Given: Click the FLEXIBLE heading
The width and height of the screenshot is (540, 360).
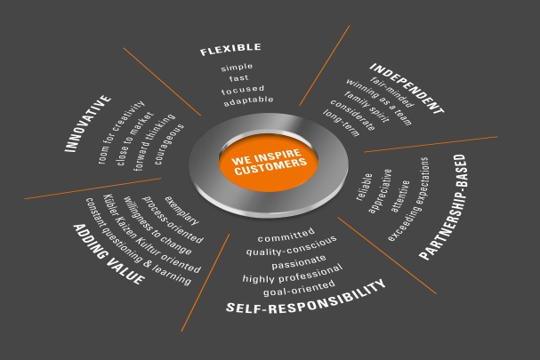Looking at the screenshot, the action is pyautogui.click(x=230, y=49).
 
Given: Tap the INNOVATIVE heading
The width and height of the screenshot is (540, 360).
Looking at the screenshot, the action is pyautogui.click(x=88, y=124).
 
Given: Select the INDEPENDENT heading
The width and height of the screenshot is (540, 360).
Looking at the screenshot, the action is pyautogui.click(x=407, y=88).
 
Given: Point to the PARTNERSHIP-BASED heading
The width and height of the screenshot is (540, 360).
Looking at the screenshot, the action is pyautogui.click(x=443, y=206).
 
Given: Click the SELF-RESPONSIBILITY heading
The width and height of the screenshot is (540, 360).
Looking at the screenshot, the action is pyautogui.click(x=305, y=298).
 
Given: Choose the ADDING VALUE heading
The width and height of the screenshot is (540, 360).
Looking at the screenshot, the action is pyautogui.click(x=109, y=254).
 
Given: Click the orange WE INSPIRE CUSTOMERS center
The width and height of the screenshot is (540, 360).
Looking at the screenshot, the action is pyautogui.click(x=269, y=162).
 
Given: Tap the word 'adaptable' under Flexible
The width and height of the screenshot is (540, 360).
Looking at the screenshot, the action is pyautogui.click(x=248, y=100).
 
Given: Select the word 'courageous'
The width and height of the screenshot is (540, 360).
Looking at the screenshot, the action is pyautogui.click(x=169, y=144).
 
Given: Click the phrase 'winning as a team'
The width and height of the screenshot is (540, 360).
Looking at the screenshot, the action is pyautogui.click(x=378, y=102).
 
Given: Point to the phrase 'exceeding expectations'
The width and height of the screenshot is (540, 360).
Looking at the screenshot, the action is pyautogui.click(x=408, y=199).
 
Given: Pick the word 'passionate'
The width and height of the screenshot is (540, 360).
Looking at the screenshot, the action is pyautogui.click(x=299, y=262).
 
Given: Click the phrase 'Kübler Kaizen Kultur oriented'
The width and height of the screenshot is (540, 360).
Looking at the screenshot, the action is pyautogui.click(x=152, y=234).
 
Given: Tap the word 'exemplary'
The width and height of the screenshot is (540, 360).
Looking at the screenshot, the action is pyautogui.click(x=181, y=211).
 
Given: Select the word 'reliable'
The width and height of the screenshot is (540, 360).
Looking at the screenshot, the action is pyautogui.click(x=364, y=187).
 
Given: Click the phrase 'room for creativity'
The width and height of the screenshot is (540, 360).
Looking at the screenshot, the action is pyautogui.click(x=121, y=132).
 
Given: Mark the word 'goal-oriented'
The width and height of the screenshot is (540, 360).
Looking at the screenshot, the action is pyautogui.click(x=299, y=288).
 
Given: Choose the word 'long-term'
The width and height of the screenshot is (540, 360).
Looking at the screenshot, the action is pyautogui.click(x=341, y=123).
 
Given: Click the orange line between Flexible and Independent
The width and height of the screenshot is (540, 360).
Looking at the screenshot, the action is pyautogui.click(x=325, y=65).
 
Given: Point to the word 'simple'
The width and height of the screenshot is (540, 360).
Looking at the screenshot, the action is pyautogui.click(x=237, y=68).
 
